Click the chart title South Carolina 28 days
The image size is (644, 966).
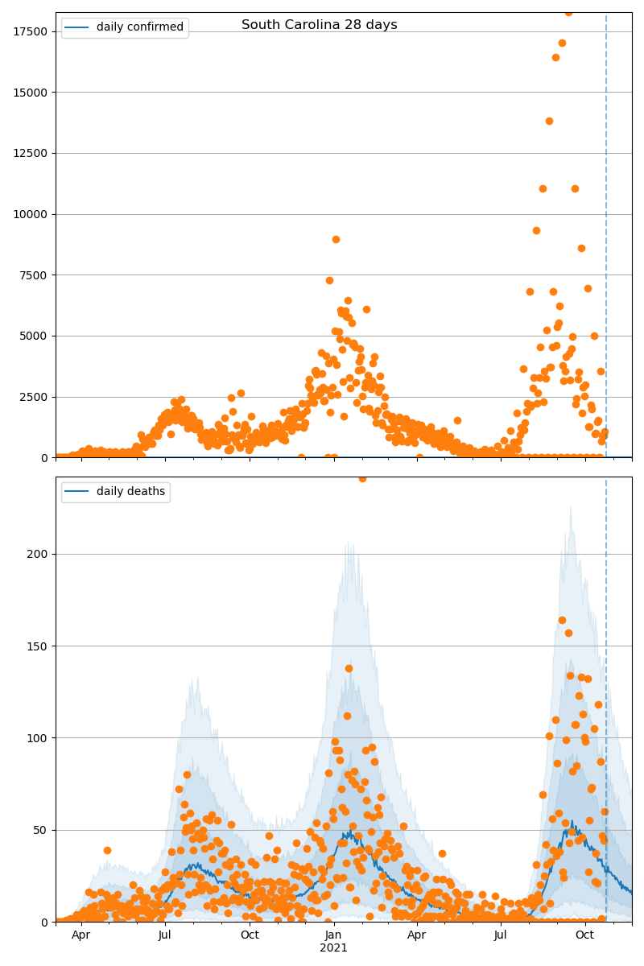pos(320,25)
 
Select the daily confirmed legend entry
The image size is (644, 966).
pos(139,27)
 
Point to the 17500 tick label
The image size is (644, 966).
pos(29,31)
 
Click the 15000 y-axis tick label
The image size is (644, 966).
pos(29,93)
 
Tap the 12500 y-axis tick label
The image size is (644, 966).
pos(29,153)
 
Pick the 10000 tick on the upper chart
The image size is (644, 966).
pos(29,214)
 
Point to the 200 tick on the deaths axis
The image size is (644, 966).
pos(37,554)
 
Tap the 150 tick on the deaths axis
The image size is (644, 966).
pos(37,646)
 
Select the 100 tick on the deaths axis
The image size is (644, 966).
pos(37,738)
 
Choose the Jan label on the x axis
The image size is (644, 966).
pos(333,935)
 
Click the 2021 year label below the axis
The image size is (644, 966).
pos(333,948)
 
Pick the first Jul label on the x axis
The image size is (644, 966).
pos(165,935)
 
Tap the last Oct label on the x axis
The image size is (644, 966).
pos(585,935)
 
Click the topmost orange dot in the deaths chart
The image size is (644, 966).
pos(362,478)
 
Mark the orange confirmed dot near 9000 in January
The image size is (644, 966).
pos(336,239)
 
